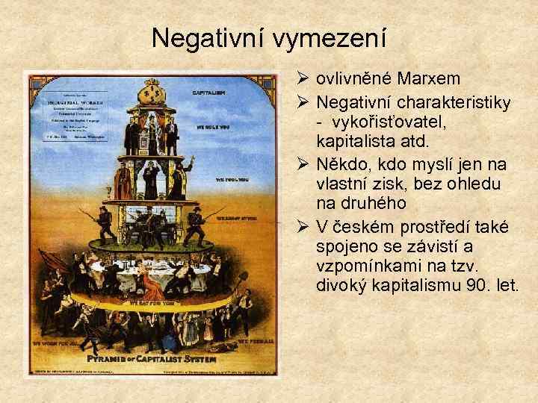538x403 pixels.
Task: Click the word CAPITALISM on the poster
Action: [x=209, y=93]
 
